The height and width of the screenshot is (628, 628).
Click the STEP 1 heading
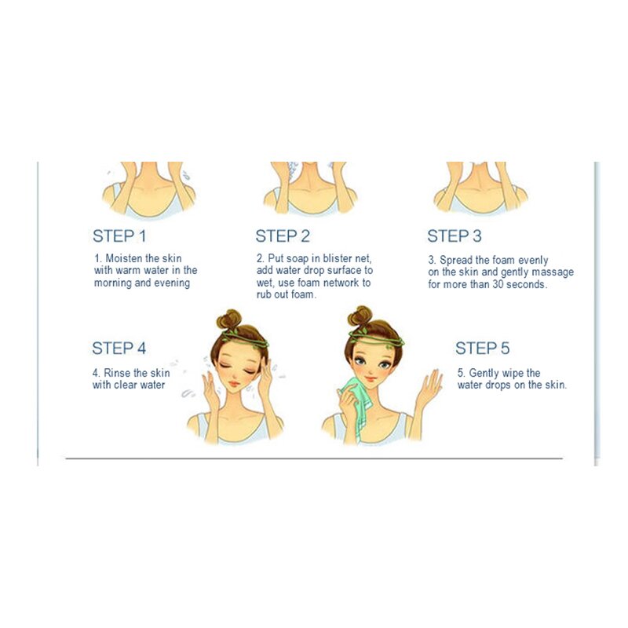tap(119, 236)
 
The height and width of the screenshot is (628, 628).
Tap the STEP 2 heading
tap(283, 236)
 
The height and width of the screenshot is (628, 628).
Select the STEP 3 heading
tap(455, 236)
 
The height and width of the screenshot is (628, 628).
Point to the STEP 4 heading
tap(119, 348)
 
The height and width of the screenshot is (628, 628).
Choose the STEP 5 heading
tap(482, 348)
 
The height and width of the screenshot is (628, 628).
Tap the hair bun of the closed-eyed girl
tap(229, 320)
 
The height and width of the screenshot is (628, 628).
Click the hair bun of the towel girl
tap(360, 316)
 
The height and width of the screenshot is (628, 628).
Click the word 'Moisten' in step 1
tap(124, 258)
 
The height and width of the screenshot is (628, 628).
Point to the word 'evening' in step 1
tap(172, 283)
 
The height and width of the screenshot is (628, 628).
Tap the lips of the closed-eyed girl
tap(234, 383)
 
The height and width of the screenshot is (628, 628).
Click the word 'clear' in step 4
tap(126, 385)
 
